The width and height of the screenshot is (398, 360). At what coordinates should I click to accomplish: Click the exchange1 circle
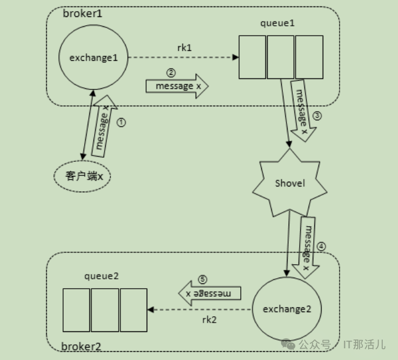click(x=94, y=57)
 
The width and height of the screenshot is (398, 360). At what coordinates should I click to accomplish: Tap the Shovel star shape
click(x=290, y=183)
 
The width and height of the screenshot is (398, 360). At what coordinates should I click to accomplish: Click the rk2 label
click(x=210, y=319)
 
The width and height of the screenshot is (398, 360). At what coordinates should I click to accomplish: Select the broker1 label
click(x=82, y=13)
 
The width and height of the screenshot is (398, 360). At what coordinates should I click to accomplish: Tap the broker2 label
click(x=81, y=347)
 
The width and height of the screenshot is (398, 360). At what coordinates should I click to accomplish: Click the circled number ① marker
click(x=122, y=123)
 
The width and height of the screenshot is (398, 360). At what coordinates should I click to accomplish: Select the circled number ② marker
click(x=171, y=73)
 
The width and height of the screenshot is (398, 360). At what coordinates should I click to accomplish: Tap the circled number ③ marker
click(x=317, y=115)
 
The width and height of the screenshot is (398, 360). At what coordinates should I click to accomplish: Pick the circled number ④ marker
click(x=320, y=246)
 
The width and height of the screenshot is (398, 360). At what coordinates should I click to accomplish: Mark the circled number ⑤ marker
click(x=203, y=280)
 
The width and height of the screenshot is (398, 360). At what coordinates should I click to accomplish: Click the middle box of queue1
click(x=281, y=57)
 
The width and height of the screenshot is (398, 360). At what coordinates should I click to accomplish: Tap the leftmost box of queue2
click(x=77, y=308)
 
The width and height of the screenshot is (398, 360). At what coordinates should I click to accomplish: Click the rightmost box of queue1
click(x=309, y=57)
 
